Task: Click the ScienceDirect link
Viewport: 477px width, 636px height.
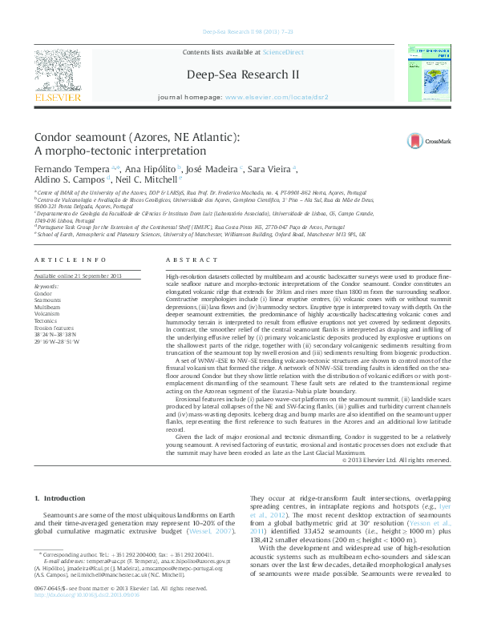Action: click(283, 51)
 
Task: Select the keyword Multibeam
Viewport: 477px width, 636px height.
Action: click(47, 307)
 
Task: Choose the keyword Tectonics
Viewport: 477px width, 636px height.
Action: click(46, 320)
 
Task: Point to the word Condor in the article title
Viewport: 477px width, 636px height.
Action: click(56, 138)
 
